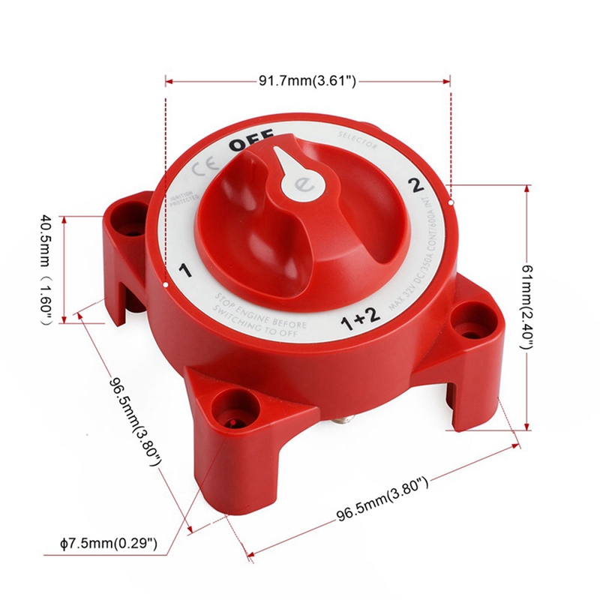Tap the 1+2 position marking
356,320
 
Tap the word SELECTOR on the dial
357,140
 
